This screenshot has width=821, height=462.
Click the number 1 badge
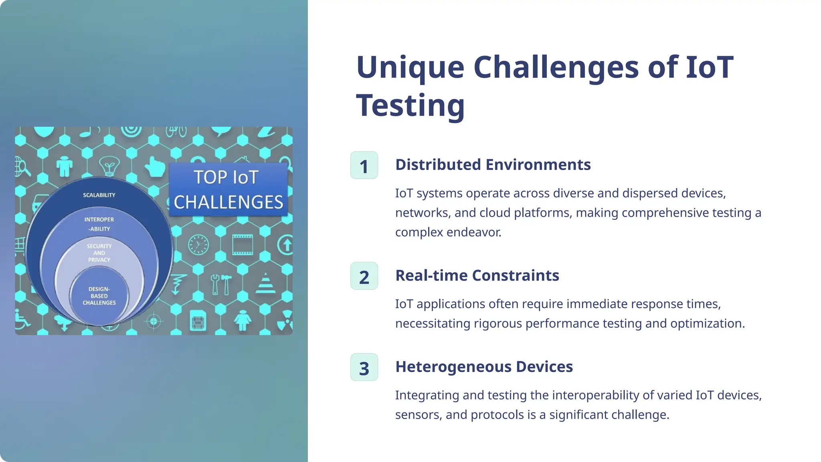[364, 165]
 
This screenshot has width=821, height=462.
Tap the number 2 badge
[364, 276]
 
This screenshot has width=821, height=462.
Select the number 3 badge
[364, 367]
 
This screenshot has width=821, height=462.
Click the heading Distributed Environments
[493, 165]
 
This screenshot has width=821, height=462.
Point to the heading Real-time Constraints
[477, 276]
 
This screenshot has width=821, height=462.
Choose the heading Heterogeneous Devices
[484, 367]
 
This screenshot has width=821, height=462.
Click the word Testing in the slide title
[410, 105]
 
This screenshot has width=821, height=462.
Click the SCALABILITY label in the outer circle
[99, 195]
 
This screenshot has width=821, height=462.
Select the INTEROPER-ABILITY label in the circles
[99, 224]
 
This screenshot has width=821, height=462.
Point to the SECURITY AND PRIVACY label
[99, 253]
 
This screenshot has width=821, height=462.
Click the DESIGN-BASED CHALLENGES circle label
[99, 296]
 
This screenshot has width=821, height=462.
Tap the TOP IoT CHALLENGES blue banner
[228, 190]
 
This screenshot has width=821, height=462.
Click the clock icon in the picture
[198, 245]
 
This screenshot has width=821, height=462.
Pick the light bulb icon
[109, 166]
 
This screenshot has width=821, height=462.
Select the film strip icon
[243, 245]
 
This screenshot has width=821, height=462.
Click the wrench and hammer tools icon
[221, 284]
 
